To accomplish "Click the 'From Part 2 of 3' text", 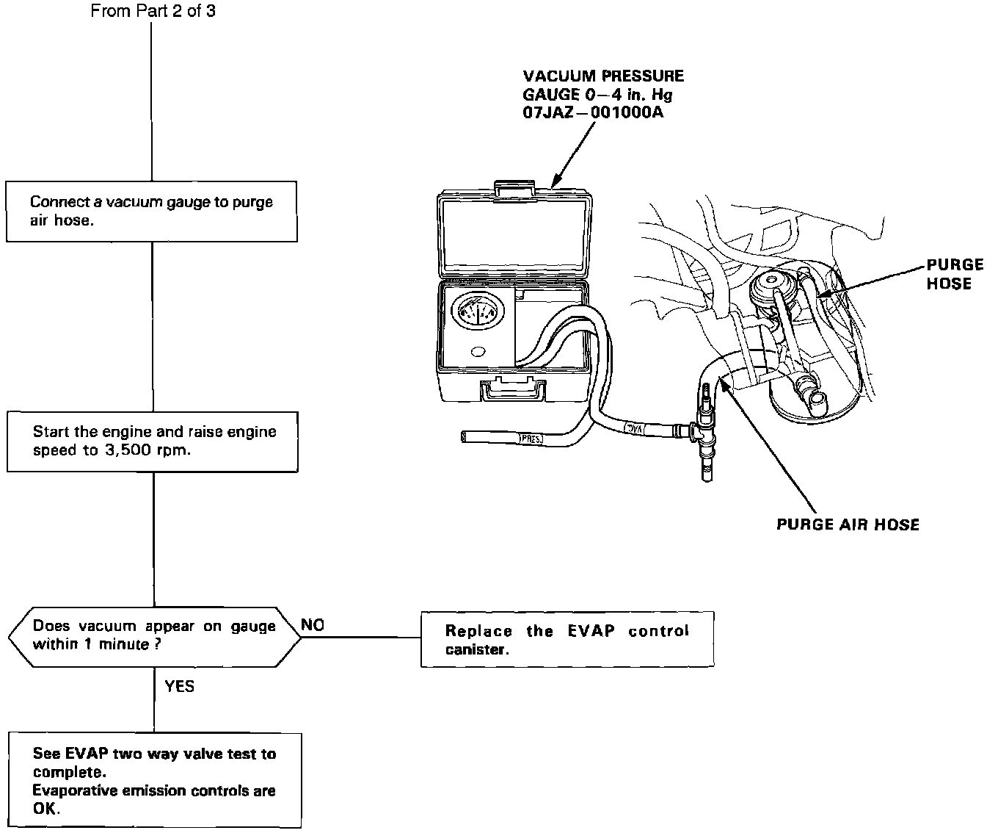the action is [153, 10].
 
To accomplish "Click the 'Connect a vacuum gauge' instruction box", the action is [151, 211].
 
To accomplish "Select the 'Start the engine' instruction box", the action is [153, 441].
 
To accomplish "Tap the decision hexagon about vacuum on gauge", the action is [154, 637].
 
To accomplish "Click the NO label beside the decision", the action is [313, 625].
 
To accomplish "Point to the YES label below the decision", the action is [180, 686].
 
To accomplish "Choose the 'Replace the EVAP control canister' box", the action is [567, 639].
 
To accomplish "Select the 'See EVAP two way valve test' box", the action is [155, 780].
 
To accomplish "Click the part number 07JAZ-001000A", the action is [593, 112].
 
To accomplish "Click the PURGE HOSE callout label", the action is [955, 274].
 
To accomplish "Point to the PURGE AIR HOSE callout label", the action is [848, 524].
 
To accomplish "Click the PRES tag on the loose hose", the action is [531, 439].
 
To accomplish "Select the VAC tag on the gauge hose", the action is [635, 428].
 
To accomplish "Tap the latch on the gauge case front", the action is [513, 389].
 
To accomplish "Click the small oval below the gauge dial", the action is [478, 352].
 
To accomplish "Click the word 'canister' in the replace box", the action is [477, 649].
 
